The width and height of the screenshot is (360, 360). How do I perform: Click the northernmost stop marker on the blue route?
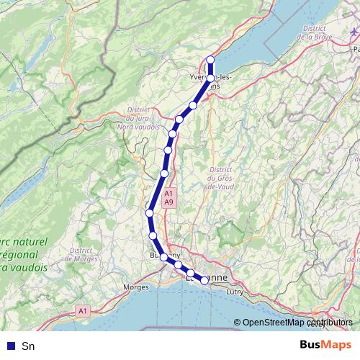pos(211,60)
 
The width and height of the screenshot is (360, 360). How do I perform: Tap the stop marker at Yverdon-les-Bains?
pos(211,78)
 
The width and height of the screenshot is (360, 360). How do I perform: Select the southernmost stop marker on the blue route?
pos(204,281)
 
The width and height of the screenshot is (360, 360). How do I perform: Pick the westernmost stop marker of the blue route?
pos(149,213)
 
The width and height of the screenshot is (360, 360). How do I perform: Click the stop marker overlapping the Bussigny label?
pos(164,257)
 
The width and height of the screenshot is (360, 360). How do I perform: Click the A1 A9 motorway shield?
pos(168,198)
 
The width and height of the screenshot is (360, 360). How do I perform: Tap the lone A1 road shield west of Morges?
pos(83,311)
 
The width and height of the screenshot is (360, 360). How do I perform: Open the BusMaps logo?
pos(325,345)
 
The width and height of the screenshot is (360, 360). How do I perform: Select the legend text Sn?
pos(28,346)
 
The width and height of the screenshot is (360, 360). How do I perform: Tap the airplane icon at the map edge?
pos(353,32)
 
